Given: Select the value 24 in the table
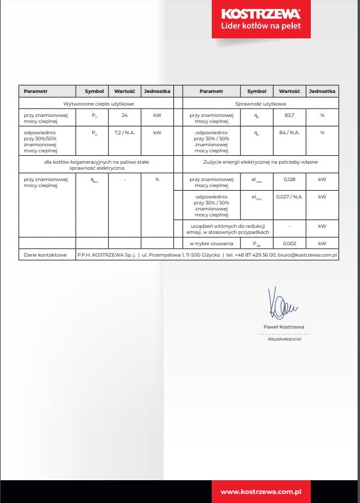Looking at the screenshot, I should [x=124, y=115].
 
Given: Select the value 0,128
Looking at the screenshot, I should [x=289, y=179].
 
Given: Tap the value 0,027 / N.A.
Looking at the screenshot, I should [x=289, y=197].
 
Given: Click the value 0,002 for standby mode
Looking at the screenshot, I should [x=289, y=243].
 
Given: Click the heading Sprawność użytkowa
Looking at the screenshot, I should [x=259, y=103].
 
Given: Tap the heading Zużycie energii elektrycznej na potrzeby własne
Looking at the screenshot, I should [x=259, y=162].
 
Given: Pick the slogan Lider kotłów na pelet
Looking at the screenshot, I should [x=261, y=26].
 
